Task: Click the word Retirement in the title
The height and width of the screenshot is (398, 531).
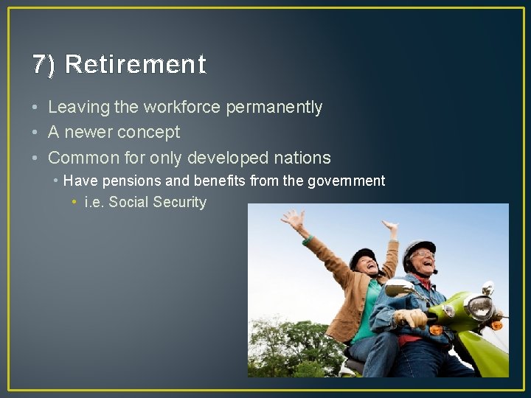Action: (x=135, y=65)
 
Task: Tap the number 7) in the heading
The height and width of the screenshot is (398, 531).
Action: (x=44, y=65)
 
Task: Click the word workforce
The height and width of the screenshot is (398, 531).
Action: (x=182, y=108)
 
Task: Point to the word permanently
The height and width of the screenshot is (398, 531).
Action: (x=274, y=108)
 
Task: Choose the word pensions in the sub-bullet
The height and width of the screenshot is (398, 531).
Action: (x=125, y=181)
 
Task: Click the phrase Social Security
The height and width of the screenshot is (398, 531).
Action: (x=158, y=203)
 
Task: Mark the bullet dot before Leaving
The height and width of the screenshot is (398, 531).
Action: (x=36, y=108)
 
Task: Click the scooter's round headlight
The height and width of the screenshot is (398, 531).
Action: (x=480, y=307)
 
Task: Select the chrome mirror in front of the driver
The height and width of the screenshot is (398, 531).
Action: (x=398, y=287)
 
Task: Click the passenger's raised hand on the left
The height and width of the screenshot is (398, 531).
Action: (x=294, y=220)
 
